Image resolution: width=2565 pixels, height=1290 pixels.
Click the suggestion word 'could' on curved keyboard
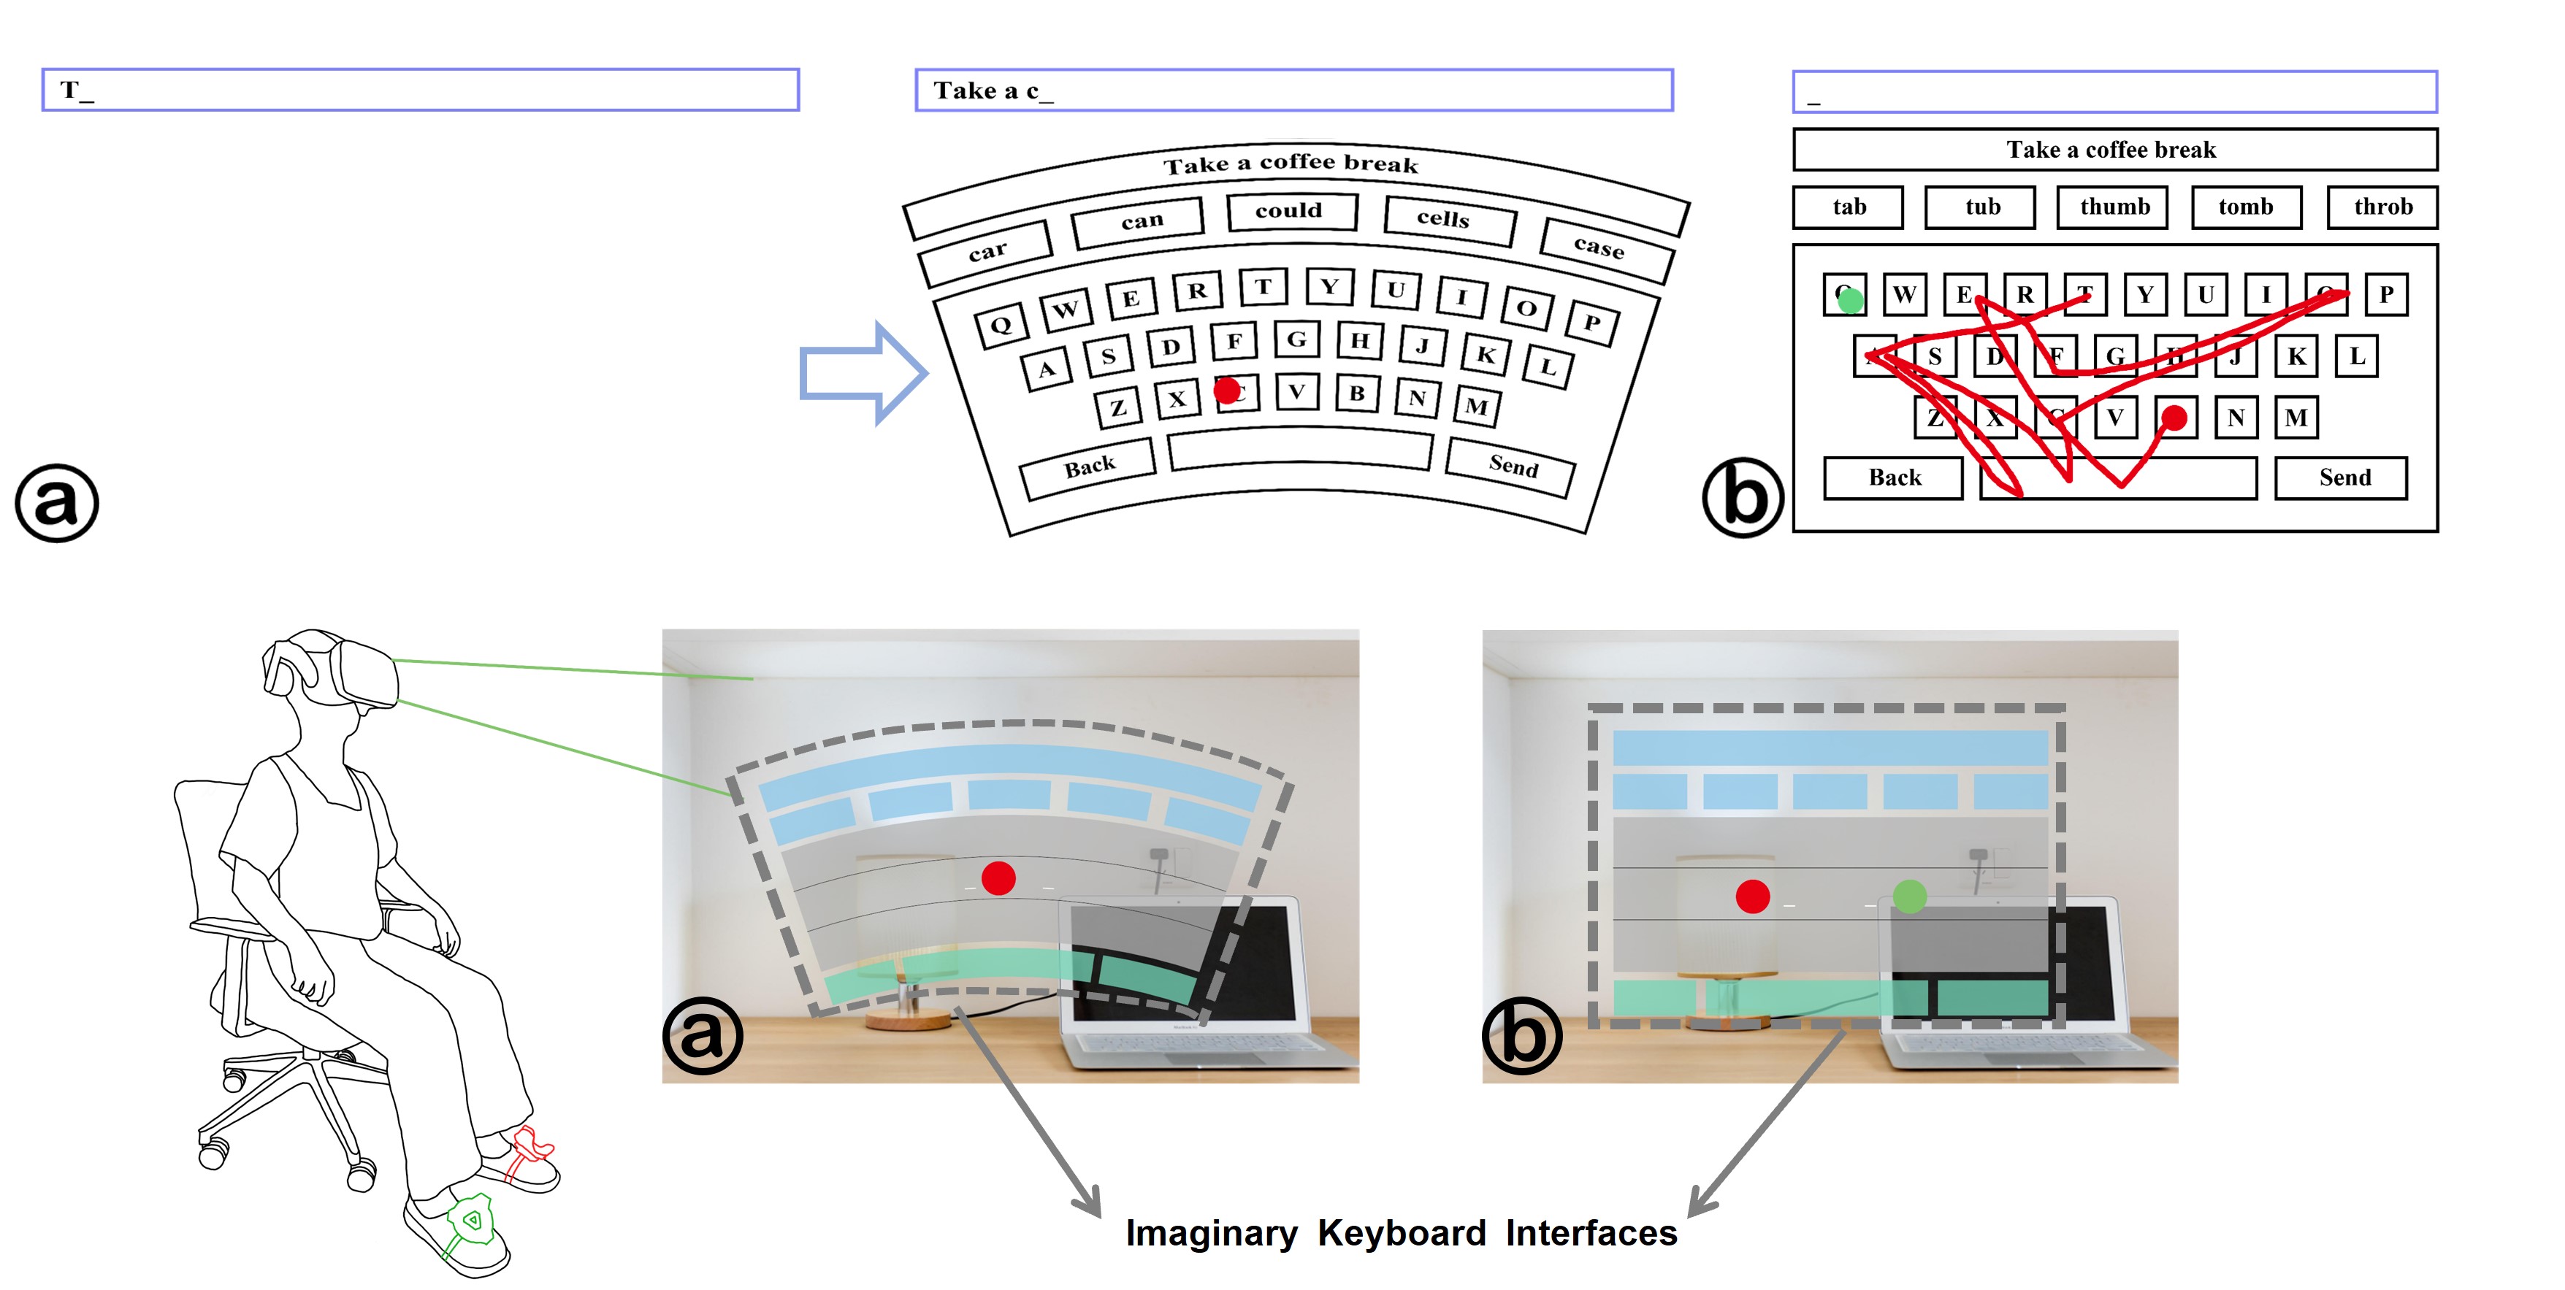pos(1291,211)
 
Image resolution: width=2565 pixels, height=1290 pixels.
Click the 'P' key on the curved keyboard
pos(1591,323)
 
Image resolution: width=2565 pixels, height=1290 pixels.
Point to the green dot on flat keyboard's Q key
pos(1850,299)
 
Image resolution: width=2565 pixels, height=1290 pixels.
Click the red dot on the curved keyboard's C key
pos(1227,389)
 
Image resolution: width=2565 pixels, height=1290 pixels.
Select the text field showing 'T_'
pos(420,91)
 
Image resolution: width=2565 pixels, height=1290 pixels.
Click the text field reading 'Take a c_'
pos(1293,91)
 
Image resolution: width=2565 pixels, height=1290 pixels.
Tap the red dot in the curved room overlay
pos(998,878)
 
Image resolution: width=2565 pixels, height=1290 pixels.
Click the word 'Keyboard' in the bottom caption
pos(1401,1233)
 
